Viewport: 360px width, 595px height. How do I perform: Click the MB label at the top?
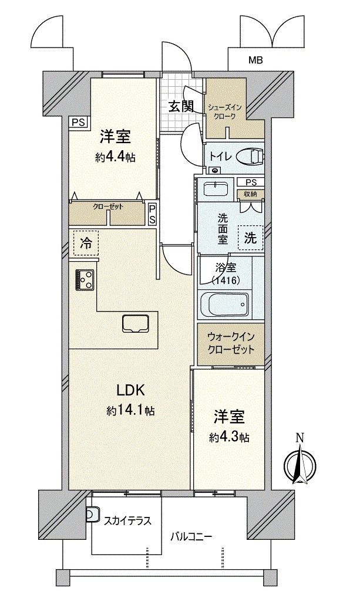click(255, 60)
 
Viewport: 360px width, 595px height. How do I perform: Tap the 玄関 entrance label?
click(181, 106)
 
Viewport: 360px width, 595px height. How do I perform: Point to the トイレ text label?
click(221, 156)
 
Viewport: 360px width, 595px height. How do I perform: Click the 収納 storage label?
click(251, 194)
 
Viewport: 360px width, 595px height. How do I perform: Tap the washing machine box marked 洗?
click(250, 238)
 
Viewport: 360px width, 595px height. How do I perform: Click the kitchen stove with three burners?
click(85, 280)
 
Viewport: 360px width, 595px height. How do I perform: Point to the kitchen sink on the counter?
click(137, 323)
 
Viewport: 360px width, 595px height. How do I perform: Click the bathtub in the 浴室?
click(224, 304)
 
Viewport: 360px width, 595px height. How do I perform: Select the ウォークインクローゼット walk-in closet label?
click(230, 344)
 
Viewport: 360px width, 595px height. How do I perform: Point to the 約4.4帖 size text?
click(115, 157)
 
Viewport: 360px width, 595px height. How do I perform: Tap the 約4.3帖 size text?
click(228, 437)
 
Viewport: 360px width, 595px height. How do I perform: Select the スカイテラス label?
click(127, 520)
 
